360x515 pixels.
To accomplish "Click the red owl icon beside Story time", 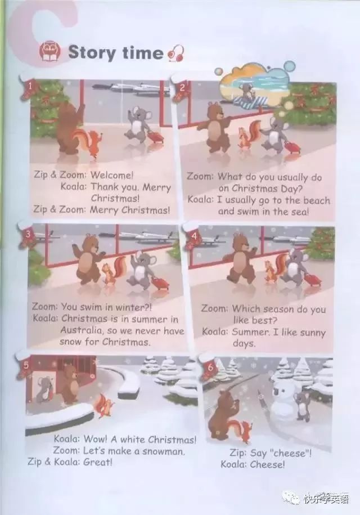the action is pos(50,52).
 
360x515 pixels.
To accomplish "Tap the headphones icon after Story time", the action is pos(176,53).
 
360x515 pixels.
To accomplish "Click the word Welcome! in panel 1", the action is pos(112,175).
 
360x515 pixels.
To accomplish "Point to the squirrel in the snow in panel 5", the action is pos(105,406).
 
